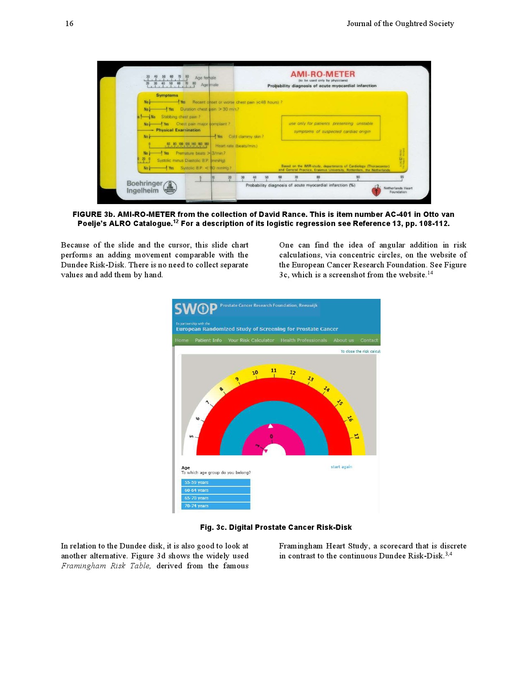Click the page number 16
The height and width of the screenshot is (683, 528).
[69, 24]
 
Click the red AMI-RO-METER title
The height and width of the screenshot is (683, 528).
[323, 74]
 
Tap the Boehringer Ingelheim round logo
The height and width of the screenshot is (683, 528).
[170, 188]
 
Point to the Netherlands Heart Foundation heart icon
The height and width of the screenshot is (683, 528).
[376, 190]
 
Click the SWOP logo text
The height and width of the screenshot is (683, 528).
[195, 309]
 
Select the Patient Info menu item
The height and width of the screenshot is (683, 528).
[208, 340]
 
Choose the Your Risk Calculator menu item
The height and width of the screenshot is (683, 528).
[251, 340]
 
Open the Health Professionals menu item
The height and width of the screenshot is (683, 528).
[304, 340]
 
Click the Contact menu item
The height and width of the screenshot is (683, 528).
[369, 340]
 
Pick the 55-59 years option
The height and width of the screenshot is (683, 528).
[216, 482]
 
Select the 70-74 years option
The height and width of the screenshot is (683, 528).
[216, 506]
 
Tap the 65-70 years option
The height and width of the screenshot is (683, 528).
[216, 498]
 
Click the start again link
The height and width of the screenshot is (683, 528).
[341, 467]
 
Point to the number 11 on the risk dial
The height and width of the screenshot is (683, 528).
[274, 370]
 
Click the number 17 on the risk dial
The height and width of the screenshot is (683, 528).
[356, 436]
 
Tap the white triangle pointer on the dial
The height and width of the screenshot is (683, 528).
[270, 426]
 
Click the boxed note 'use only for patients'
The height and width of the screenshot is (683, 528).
[330, 127]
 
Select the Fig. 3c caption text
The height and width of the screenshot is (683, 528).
[276, 527]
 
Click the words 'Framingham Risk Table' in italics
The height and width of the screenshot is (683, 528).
[106, 566]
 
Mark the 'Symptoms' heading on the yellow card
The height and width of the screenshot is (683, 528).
[167, 95]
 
